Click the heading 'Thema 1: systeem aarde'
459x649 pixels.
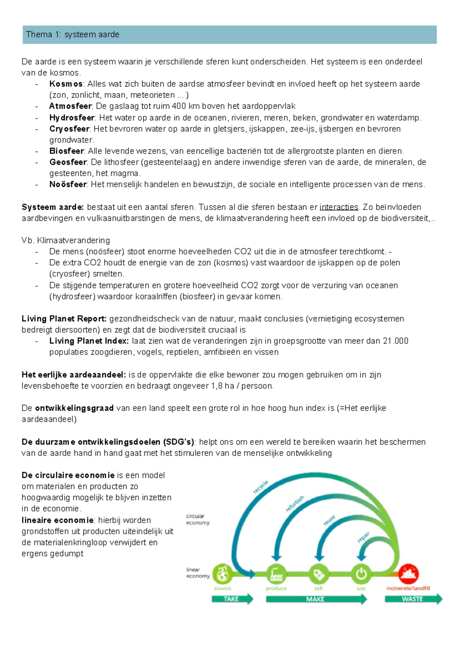click(73, 34)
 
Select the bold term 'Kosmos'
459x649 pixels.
click(66, 84)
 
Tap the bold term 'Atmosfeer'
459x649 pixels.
click(70, 106)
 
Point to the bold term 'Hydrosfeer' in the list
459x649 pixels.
click(72, 117)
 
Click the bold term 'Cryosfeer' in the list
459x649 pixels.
click(69, 129)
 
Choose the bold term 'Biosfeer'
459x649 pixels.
click(66, 151)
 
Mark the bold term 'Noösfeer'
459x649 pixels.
click(68, 184)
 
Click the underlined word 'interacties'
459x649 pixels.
click(339, 207)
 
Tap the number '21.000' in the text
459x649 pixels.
click(396, 341)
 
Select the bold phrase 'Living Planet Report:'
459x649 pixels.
click(64, 318)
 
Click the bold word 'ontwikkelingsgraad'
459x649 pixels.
click(74, 408)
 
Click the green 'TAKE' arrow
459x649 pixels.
click(232, 599)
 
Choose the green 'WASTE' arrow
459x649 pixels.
click(413, 599)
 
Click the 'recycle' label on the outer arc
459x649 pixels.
click(261, 487)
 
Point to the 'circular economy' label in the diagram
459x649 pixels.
click(198, 519)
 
